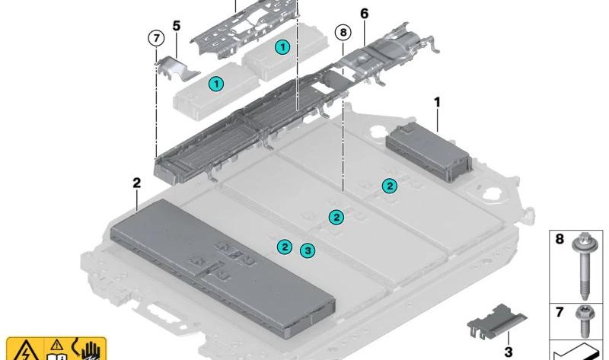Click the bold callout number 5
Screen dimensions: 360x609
click(177, 25)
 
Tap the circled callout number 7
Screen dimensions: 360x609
click(155, 37)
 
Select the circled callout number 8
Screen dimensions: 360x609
click(343, 33)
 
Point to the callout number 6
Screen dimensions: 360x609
click(364, 14)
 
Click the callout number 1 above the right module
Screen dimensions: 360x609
click(438, 101)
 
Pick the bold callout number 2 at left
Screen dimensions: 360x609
click(136, 183)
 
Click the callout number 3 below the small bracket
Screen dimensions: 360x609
click(509, 351)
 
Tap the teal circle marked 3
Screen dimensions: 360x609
click(307, 250)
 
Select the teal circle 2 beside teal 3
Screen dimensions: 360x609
click(284, 246)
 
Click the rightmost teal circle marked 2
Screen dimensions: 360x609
click(389, 186)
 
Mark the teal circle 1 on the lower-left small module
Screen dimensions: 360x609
click(216, 84)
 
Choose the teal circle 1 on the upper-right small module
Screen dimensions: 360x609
click(282, 47)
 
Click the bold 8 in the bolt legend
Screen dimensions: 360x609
click(559, 239)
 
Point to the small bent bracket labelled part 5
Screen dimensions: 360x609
click(177, 67)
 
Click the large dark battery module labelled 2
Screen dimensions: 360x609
click(221, 266)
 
